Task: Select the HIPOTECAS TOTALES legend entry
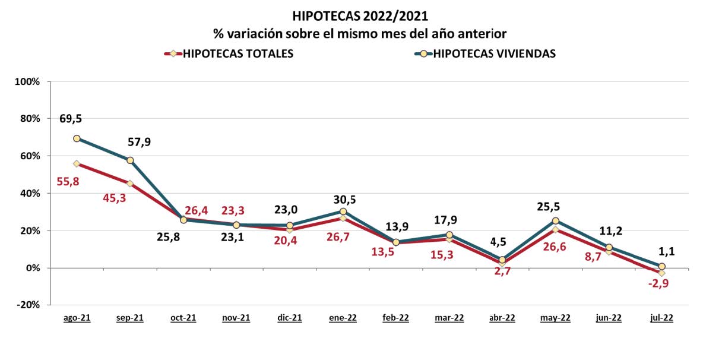click(x=238, y=53)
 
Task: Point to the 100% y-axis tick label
click(x=27, y=81)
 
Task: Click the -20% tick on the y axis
click(x=27, y=305)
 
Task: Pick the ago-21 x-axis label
click(x=77, y=318)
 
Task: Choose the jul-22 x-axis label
click(x=661, y=318)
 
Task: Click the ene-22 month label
click(x=343, y=318)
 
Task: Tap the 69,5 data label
click(x=71, y=118)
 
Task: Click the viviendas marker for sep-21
click(x=130, y=160)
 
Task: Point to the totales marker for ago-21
click(x=77, y=163)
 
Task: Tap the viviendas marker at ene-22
click(x=343, y=211)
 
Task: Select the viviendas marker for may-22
click(x=556, y=221)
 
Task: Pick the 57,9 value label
click(x=140, y=143)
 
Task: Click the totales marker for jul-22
click(x=662, y=273)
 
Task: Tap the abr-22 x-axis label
click(x=502, y=318)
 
